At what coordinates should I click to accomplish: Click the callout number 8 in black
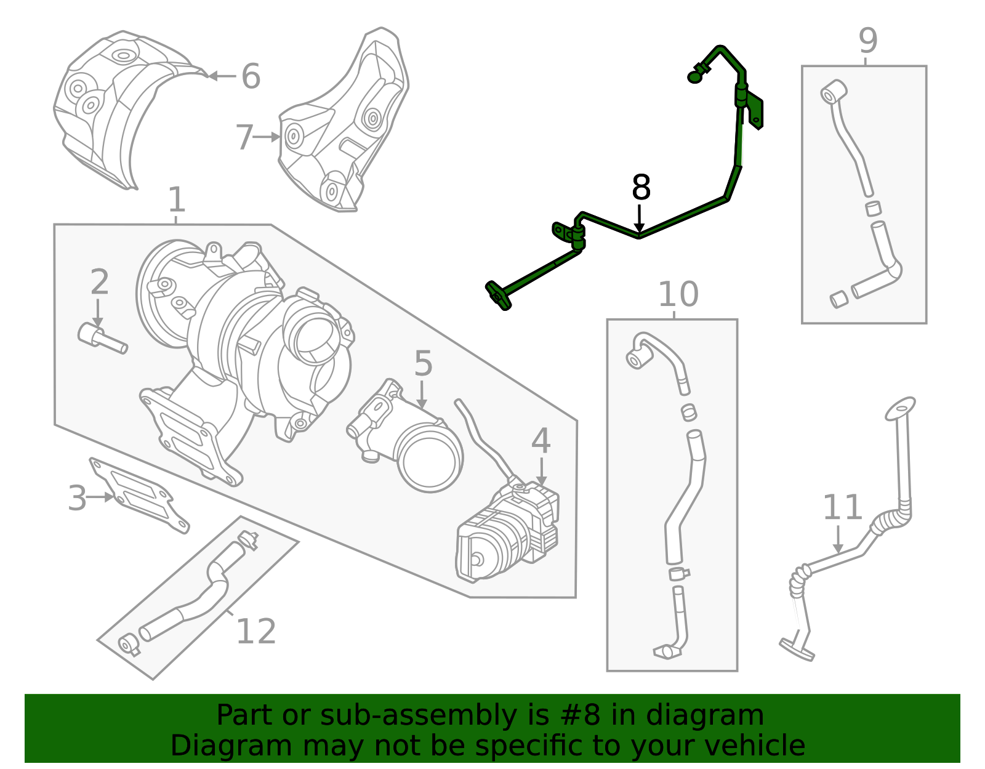tap(641, 188)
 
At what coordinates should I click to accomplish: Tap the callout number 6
tap(251, 76)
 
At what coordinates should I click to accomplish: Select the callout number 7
tap(244, 137)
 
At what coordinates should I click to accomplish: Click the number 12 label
tap(255, 632)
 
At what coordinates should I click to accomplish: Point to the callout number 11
tap(842, 508)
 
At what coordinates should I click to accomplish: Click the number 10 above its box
tap(678, 295)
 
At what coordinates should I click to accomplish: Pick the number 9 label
tap(867, 41)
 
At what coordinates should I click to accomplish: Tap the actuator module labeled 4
tap(508, 536)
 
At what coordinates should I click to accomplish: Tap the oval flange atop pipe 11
tap(900, 408)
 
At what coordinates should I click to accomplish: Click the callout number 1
tap(177, 201)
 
